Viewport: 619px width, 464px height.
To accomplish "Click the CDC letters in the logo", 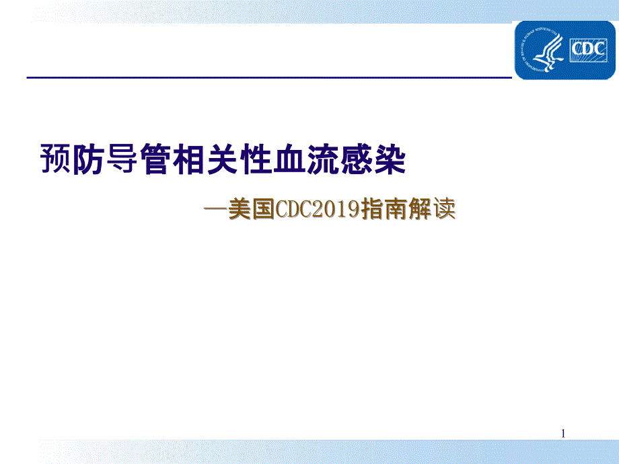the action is click(588, 49).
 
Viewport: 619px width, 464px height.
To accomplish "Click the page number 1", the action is click(563, 434).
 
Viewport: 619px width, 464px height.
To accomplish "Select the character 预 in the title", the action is click(56, 159).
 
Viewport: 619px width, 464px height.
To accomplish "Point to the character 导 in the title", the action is click(122, 159).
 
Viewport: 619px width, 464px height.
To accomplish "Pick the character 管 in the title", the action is click(156, 159).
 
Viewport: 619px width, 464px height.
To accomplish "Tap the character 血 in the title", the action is click(289, 159).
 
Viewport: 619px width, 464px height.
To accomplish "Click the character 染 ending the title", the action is click(390, 159).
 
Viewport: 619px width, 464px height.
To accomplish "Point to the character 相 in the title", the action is click(189, 159).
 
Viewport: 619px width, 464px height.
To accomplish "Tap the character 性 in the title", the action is click(256, 159).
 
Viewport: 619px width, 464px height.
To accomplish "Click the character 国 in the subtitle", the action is click(263, 208).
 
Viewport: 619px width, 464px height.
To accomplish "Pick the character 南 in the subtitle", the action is click(396, 208).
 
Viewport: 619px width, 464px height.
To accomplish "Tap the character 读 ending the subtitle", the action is click(444, 208).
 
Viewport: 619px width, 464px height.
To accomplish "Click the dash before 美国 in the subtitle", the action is click(215, 208).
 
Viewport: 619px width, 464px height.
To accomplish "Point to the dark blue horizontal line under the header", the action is click(269, 77).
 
